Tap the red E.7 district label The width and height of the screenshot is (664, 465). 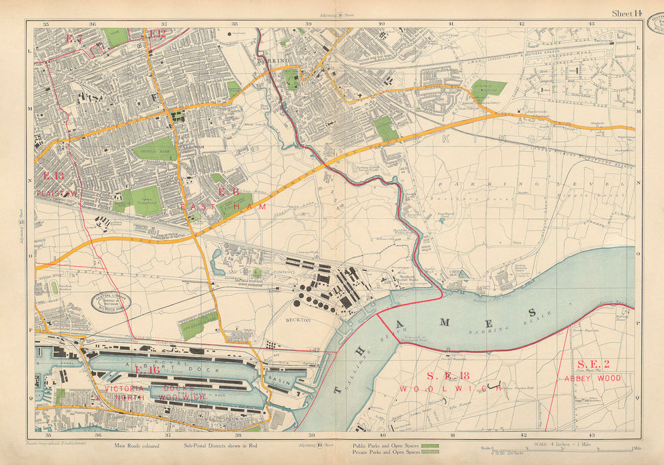coord(74,39)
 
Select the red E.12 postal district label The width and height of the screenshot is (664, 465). coord(157,34)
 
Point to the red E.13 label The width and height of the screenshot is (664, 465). coord(53,176)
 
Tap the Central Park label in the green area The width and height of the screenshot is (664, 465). coord(153,149)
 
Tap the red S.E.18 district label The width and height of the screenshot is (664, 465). coord(440,375)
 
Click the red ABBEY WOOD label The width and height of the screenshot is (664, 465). coord(593,378)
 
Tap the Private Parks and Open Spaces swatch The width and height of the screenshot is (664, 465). coord(431,452)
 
